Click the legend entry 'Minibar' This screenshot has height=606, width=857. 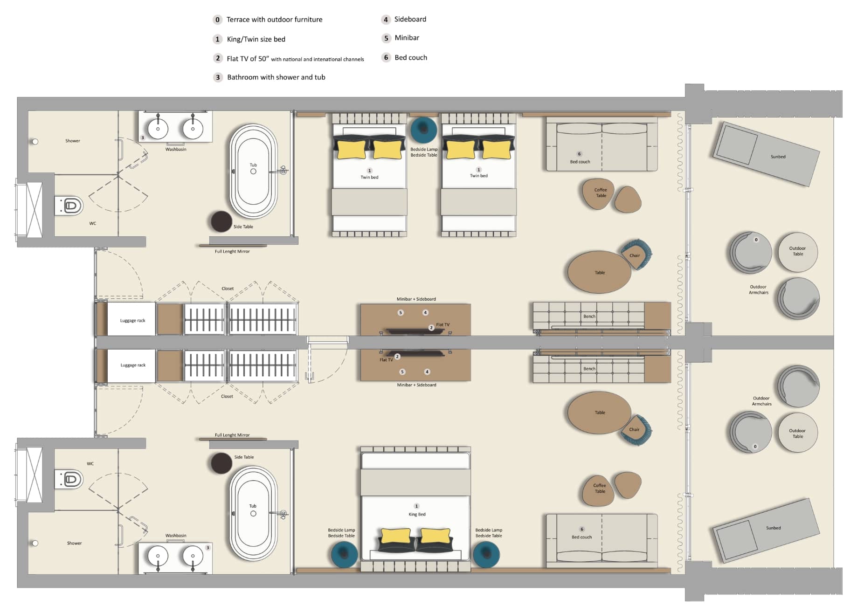coord(407,38)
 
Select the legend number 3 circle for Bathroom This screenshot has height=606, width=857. coord(218,77)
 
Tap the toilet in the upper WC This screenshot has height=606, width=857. coord(71,206)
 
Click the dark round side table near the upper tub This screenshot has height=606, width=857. coord(221,221)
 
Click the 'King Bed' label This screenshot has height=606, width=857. coord(417,514)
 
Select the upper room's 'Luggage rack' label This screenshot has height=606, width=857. coord(133,320)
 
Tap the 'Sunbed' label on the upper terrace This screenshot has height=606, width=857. coord(778,157)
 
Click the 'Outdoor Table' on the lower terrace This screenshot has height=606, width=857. coord(798,433)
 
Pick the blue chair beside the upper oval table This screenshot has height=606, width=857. coord(636,255)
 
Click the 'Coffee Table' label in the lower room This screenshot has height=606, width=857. coord(600,488)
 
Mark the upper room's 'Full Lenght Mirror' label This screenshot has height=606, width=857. coord(232,251)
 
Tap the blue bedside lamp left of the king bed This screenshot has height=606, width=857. coord(344,554)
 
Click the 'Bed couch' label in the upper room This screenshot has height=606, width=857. coord(580,162)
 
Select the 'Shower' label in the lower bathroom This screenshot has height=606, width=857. coord(74,543)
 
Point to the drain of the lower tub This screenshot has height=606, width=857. coord(253,514)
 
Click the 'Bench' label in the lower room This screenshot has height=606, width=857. coord(589,369)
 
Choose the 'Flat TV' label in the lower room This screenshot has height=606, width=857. coord(386,360)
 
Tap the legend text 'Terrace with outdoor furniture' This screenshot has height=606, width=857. coord(274,20)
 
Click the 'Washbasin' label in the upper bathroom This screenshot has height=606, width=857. coord(176,149)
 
